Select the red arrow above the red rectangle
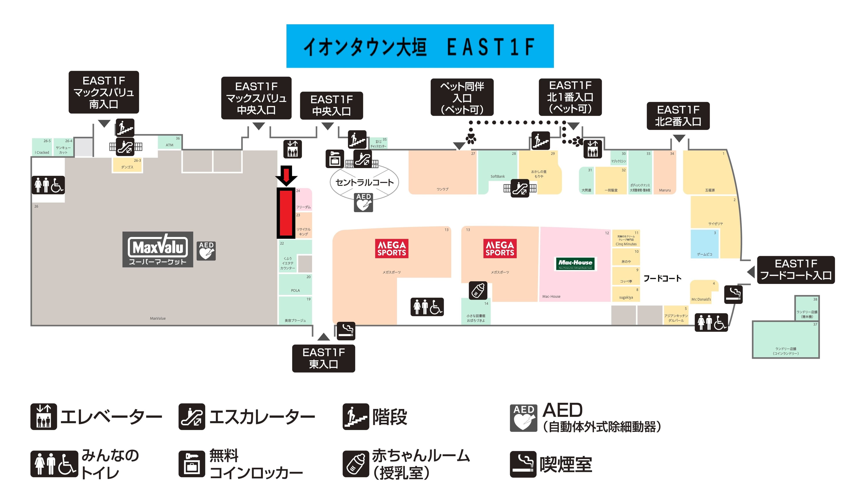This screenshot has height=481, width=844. pyautogui.click(x=286, y=175)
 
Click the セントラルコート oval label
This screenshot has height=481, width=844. pyautogui.click(x=364, y=182)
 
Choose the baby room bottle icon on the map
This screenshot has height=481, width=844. pyautogui.click(x=478, y=290)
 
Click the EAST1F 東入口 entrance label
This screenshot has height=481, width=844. pyautogui.click(x=323, y=358)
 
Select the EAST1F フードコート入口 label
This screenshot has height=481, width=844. pyautogui.click(x=796, y=269)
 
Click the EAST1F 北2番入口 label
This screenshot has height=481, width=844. pyautogui.click(x=678, y=116)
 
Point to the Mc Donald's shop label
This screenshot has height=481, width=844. pyautogui.click(x=701, y=299)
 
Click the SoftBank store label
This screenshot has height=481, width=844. pyautogui.click(x=498, y=176)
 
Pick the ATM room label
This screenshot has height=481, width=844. pyautogui.click(x=169, y=145)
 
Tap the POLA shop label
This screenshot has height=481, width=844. pyautogui.click(x=295, y=290)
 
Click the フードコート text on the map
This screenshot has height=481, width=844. pyautogui.click(x=662, y=278)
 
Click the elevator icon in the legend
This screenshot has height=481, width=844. pyautogui.click(x=44, y=417)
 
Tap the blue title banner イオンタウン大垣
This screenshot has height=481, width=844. pyautogui.click(x=420, y=46)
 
